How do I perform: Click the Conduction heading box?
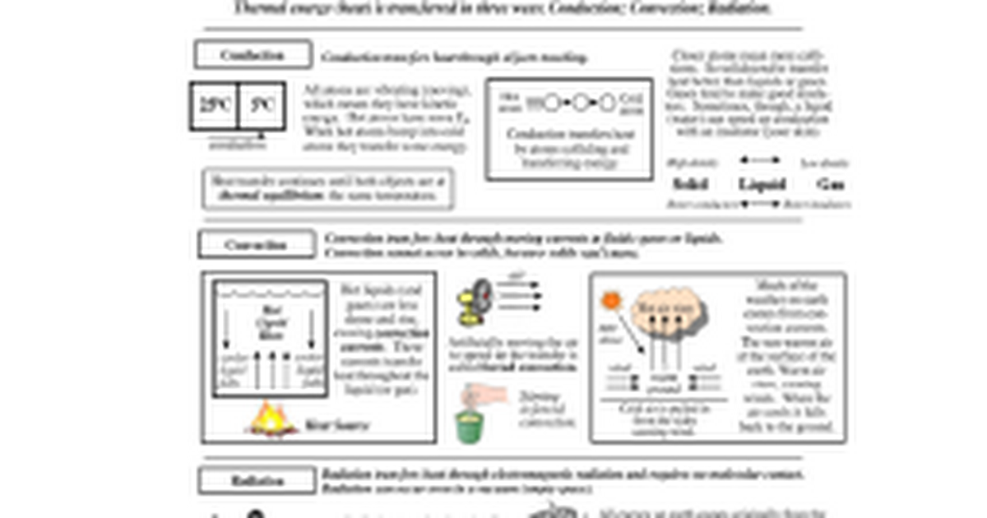click(x=253, y=55)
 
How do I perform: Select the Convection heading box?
click(x=256, y=244)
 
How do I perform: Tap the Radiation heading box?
click(x=257, y=481)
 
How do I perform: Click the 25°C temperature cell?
click(x=215, y=105)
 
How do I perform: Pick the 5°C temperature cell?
click(x=262, y=105)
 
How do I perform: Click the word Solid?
click(x=690, y=184)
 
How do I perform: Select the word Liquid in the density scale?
click(x=762, y=184)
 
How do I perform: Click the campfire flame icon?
click(x=270, y=419)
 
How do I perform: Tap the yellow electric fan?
click(x=474, y=300)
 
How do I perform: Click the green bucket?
click(x=470, y=426)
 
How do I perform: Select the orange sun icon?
click(x=610, y=300)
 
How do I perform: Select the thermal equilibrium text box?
click(x=327, y=189)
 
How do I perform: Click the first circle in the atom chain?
click(x=553, y=103)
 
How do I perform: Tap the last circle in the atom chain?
click(x=607, y=103)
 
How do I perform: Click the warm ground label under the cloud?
click(x=664, y=382)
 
